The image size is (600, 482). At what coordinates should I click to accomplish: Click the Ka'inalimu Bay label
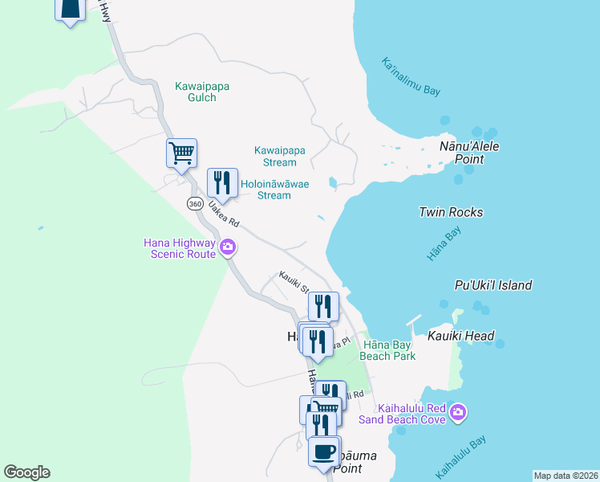pos(411,77)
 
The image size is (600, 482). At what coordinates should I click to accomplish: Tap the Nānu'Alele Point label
pos(462,153)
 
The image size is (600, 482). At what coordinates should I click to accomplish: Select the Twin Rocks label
pos(451,212)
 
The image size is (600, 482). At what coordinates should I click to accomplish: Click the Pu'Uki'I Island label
pos(493,285)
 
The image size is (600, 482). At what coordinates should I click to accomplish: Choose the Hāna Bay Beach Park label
pos(388,350)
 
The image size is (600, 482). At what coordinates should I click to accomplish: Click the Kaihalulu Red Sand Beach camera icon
pos(457,412)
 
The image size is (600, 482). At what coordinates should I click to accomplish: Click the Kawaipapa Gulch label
pos(197,92)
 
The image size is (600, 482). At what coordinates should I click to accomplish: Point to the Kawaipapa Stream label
pos(280,156)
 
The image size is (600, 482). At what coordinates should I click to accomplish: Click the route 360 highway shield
pos(195,204)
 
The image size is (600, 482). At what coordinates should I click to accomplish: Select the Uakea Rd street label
pos(224,214)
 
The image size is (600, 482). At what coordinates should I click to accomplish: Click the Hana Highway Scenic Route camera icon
pos(228,247)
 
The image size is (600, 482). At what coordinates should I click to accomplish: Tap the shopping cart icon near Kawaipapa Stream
pos(182,153)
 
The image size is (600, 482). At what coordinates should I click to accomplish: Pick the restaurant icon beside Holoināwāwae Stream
pos(222,182)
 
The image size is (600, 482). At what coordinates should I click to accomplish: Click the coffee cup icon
pos(324,451)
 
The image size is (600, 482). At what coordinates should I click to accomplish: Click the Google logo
pos(26,472)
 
